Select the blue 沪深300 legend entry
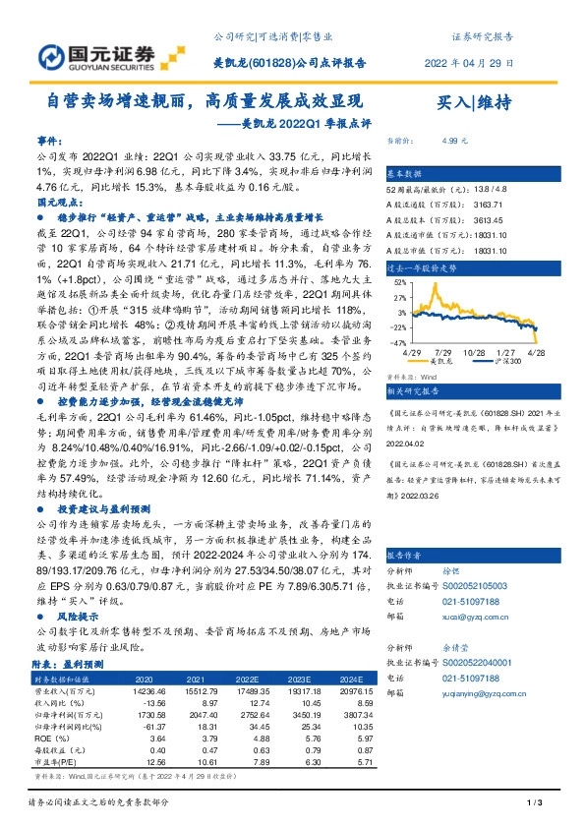click(x=486, y=362)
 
